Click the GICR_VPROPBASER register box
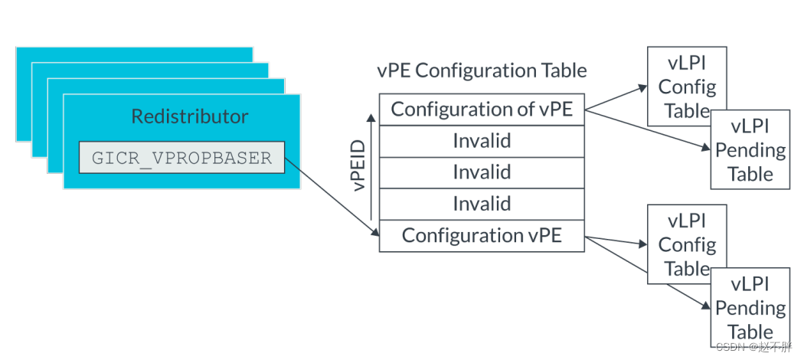coord(181,157)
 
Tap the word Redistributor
coord(189,116)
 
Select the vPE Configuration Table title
coord(482,70)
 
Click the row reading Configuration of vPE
coord(482,110)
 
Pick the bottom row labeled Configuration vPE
coord(482,235)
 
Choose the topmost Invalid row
coord(482,141)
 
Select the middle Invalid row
coord(482,172)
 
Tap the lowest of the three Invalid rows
coord(482,204)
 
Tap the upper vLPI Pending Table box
coord(750,150)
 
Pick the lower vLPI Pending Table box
coord(750,308)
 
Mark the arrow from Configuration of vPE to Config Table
coord(616,97)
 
